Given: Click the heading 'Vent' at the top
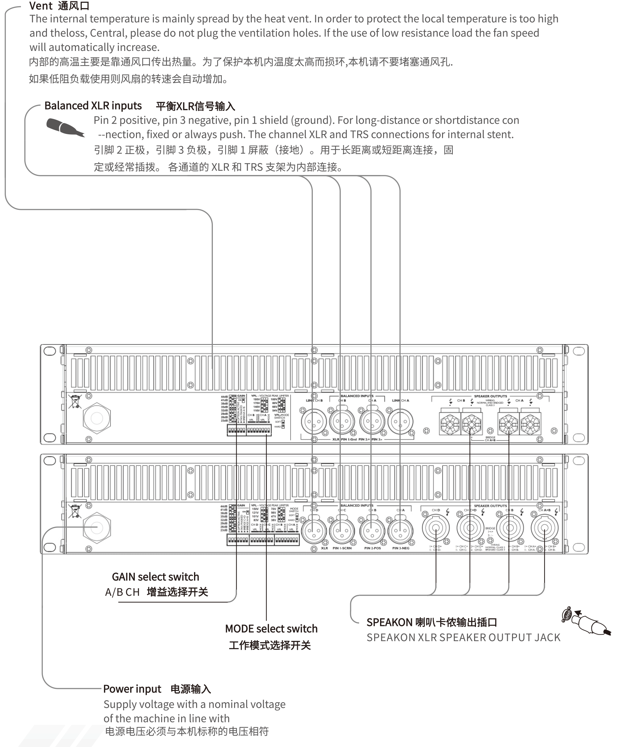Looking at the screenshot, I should (41, 6).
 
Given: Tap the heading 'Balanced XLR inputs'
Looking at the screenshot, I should (93, 106).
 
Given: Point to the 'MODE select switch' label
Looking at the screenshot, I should (271, 628).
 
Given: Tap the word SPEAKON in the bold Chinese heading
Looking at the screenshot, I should (389, 622).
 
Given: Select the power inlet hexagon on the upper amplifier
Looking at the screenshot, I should (97, 418).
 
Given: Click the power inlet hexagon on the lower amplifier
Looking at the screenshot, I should (97, 527).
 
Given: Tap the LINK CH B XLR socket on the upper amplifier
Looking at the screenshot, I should (314, 422).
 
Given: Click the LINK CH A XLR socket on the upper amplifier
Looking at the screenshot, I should (400, 422).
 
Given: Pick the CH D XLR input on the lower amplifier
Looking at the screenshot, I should (314, 531).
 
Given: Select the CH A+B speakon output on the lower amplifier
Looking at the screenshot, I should (544, 528).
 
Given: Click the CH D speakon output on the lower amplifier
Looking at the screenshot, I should (436, 528).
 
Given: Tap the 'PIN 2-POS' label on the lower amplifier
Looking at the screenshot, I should (372, 548).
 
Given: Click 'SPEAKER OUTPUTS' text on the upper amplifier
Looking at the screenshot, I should (490, 396).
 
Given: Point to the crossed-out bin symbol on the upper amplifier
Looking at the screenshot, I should (75, 401).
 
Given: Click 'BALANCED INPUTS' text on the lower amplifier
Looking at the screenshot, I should (357, 505).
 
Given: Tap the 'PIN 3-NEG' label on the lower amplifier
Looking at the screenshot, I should (401, 548).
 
